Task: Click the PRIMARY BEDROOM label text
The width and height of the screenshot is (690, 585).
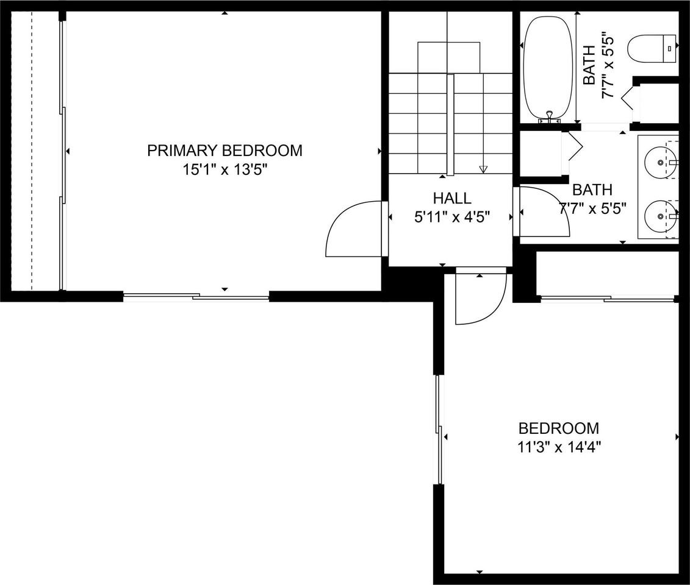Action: (225, 151)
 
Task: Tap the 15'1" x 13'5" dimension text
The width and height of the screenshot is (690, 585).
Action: (225, 169)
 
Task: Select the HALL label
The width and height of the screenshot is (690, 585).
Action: (452, 198)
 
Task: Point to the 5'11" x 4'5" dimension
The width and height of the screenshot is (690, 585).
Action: (452, 216)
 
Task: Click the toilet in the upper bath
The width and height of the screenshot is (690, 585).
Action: (653, 49)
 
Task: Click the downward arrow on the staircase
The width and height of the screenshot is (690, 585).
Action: (483, 169)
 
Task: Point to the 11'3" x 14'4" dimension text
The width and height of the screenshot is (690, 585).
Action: (559, 447)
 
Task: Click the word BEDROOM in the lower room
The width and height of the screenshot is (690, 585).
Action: (559, 428)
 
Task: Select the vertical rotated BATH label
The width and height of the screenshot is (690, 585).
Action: (590, 65)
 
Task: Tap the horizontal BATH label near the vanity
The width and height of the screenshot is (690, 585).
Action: (592, 190)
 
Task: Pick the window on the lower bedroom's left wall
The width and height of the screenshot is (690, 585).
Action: (438, 430)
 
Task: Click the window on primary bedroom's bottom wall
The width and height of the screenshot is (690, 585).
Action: (196, 297)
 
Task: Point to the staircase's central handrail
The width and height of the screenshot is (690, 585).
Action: (450, 125)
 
